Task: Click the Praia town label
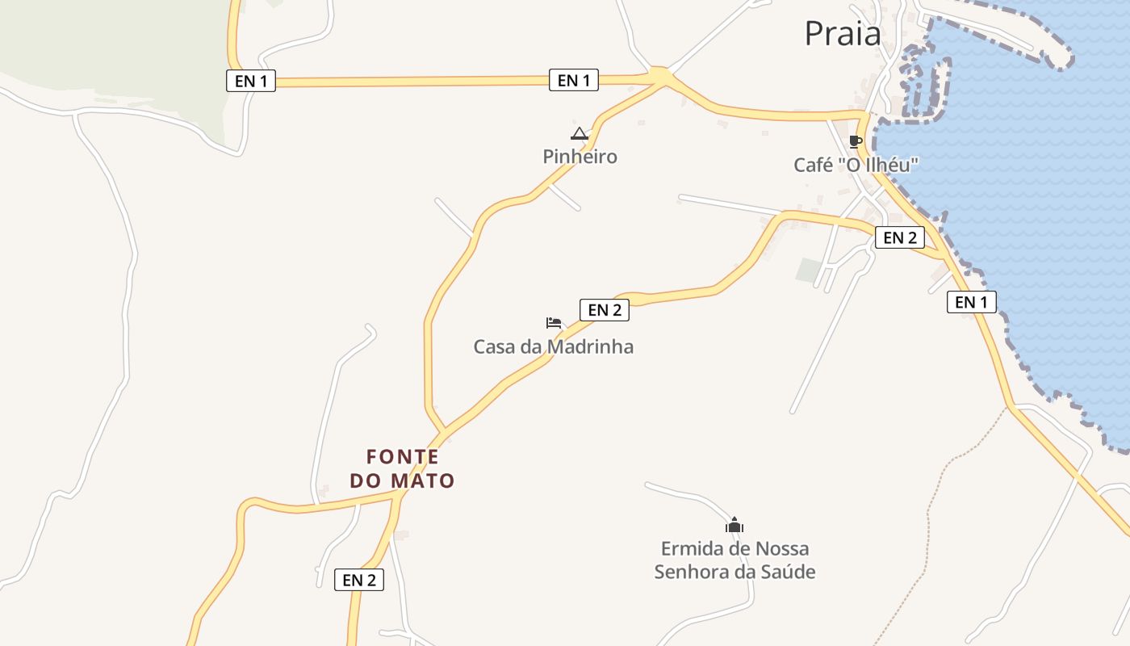click(x=843, y=34)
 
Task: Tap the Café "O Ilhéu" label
click(x=856, y=165)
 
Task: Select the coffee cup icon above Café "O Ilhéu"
click(x=856, y=142)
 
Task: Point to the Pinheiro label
click(x=580, y=157)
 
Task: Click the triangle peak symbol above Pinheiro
click(x=579, y=133)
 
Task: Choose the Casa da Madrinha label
click(x=553, y=347)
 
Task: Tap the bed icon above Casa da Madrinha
click(x=553, y=323)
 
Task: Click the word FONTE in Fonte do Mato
click(x=403, y=457)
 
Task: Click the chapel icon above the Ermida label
click(x=734, y=525)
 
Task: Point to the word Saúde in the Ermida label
click(x=785, y=573)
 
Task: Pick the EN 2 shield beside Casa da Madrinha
click(x=604, y=309)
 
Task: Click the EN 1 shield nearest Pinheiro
click(x=574, y=80)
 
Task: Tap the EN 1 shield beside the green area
click(x=251, y=81)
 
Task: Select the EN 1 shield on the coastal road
click(x=971, y=302)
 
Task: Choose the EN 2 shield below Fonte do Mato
click(x=359, y=580)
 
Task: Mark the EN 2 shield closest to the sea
click(x=900, y=237)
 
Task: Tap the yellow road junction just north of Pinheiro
click(x=661, y=77)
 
